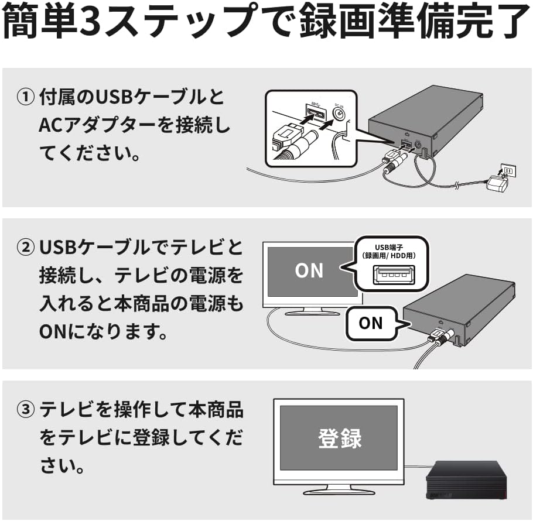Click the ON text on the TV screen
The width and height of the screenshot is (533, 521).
pos(309,270)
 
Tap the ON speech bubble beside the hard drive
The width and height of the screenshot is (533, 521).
pos(370,323)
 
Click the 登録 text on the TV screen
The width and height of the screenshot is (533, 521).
pos(340,438)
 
